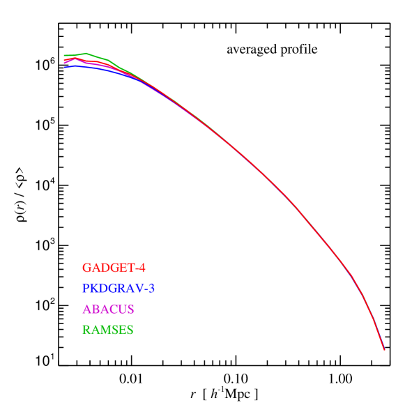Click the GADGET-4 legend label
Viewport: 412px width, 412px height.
pos(114,268)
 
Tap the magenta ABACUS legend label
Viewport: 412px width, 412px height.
pos(108,309)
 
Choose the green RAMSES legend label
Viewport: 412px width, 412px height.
pos(107,330)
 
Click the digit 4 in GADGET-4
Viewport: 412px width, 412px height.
pos(142,268)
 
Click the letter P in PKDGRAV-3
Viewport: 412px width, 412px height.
pos(86,288)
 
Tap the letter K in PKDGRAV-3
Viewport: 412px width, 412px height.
pos(95,288)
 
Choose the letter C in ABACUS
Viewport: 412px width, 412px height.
pos(112,309)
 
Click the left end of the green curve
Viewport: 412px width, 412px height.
pos(64,55)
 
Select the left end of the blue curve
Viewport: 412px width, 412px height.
pos(64,67)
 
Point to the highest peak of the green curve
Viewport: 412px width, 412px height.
pos(86,53)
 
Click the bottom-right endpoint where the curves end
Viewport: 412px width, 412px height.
pos(384,350)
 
